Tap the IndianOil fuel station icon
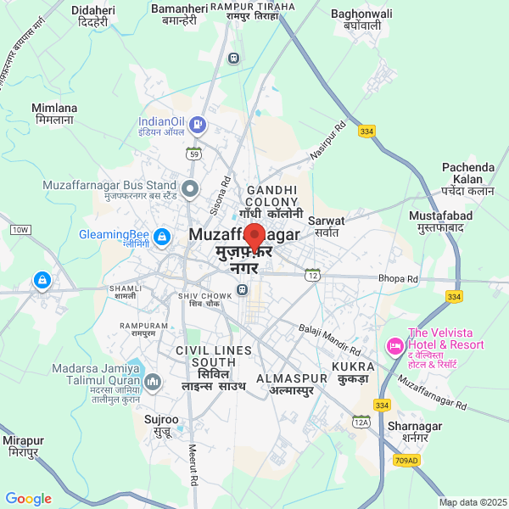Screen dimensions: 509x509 click(x=198, y=126)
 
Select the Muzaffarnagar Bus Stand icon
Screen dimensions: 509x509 click(x=191, y=187)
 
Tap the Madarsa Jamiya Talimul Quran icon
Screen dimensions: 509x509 click(x=153, y=382)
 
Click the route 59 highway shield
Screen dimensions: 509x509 click(x=194, y=154)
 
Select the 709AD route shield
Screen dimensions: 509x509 click(x=406, y=461)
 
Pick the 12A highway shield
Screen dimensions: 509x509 click(x=362, y=422)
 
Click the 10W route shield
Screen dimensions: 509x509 click(x=20, y=230)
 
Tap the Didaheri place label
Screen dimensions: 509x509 click(x=94, y=15)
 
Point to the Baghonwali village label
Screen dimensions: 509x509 click(x=361, y=19)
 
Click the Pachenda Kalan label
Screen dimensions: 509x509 click(x=467, y=173)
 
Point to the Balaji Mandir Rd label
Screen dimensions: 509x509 click(x=331, y=338)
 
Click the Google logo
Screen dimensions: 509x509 click(x=28, y=499)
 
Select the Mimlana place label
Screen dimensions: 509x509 click(x=54, y=114)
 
